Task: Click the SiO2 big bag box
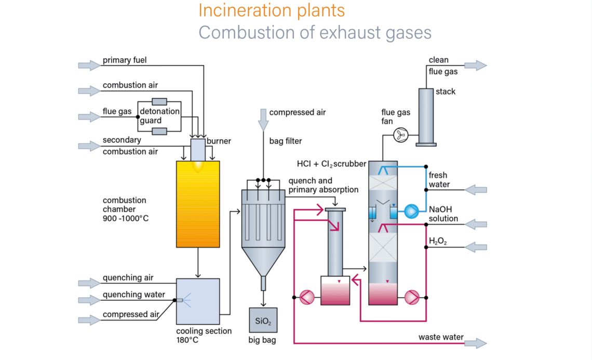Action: click(263, 320)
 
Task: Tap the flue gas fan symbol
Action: click(401, 135)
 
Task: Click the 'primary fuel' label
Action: click(125, 60)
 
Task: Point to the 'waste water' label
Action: click(441, 337)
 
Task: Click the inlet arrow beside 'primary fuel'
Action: click(89, 65)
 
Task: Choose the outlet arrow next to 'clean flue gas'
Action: click(475, 65)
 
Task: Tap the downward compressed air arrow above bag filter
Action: click(264, 119)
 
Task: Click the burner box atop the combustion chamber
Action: click(198, 150)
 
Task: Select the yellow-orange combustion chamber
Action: click(198, 204)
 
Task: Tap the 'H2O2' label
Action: click(438, 241)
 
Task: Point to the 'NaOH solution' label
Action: click(443, 214)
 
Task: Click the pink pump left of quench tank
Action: click(307, 297)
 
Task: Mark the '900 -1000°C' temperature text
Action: click(126, 218)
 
